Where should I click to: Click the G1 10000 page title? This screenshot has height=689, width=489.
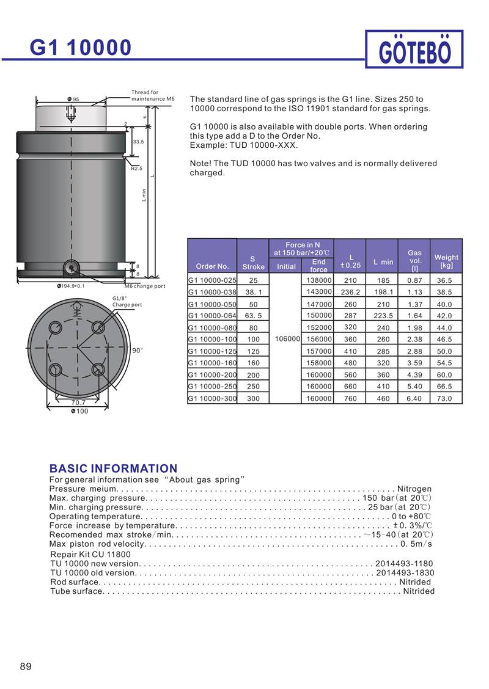point(81,47)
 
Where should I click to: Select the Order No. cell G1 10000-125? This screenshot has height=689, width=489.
point(212,351)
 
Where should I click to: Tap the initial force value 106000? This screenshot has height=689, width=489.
point(285,339)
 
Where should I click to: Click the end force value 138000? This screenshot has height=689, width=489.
point(318,280)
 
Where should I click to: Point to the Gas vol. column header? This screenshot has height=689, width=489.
point(414,260)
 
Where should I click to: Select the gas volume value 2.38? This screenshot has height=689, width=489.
point(414,339)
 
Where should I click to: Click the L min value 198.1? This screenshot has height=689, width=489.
point(383,292)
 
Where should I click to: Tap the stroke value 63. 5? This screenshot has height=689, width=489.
point(253,316)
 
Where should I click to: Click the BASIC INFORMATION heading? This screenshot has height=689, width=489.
point(113,468)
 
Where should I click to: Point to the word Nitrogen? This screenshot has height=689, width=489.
point(414,489)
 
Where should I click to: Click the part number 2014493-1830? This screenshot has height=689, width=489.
point(405,573)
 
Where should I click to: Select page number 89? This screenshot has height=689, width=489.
point(25,666)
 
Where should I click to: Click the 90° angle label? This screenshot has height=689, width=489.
point(138,350)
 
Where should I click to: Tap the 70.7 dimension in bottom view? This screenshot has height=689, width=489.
point(78,403)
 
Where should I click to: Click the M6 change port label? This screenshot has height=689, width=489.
point(145,286)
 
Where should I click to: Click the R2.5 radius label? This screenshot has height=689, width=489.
point(136,168)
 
